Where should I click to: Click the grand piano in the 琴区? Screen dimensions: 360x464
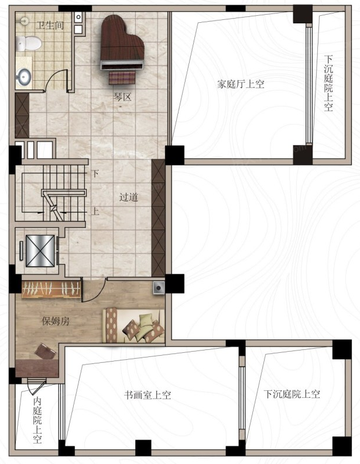pos(122,43)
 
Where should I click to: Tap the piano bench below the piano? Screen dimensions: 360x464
pos(122,78)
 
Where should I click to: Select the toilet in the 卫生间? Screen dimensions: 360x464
pos(28,43)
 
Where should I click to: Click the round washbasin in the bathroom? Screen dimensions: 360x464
pos(23,76)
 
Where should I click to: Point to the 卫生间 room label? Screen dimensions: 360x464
pos(50,25)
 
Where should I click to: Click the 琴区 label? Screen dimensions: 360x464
pos(122,97)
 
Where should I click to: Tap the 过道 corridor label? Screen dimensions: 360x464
pos(128,197)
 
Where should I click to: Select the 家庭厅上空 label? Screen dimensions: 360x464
pos(241,84)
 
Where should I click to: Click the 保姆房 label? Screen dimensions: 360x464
pos(56,321)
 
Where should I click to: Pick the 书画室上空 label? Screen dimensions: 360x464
pos(147,395)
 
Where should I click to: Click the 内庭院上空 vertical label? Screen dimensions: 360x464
pos(37,420)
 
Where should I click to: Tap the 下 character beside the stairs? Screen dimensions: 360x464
pos(95,173)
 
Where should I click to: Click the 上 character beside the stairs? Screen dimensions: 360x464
pos(95,211)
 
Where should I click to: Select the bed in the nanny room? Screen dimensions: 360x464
pos(133,326)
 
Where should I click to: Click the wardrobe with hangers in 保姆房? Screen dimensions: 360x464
pos(51,289)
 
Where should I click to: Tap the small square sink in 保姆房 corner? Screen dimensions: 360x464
pos(159,287)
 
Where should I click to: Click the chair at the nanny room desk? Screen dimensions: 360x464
pos(45,350)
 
